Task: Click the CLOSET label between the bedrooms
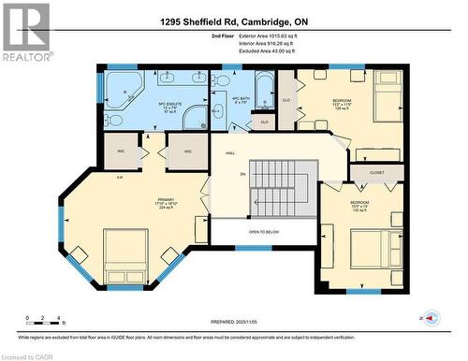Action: (376, 172)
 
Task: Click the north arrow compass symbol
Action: (431, 318)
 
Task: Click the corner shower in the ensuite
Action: (196, 117)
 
